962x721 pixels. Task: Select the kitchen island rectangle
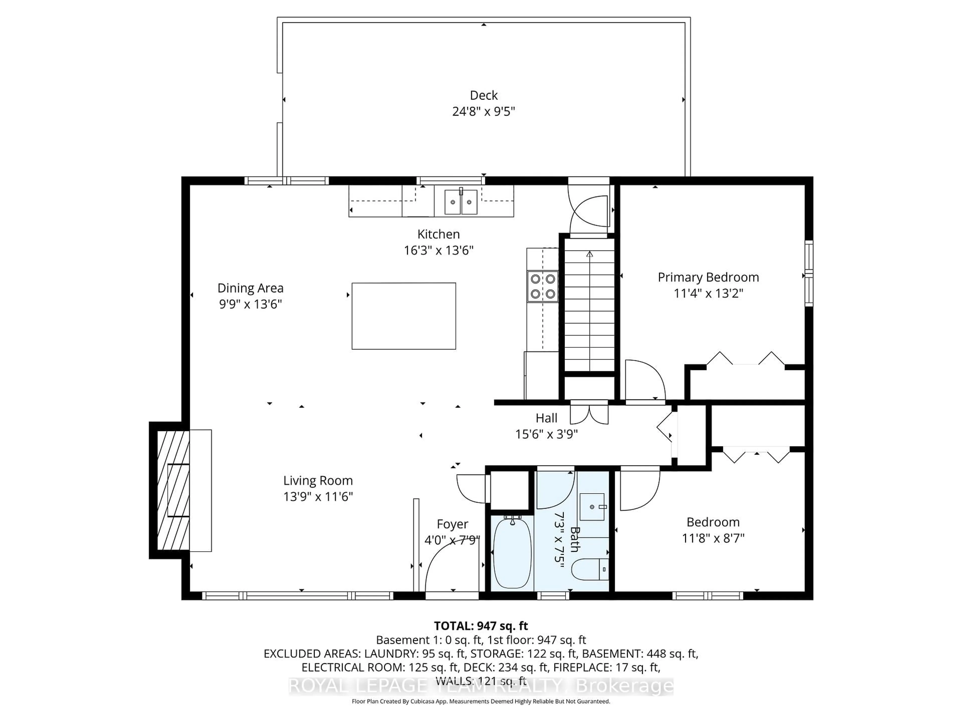[x=404, y=316]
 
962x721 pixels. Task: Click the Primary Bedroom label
[x=708, y=277]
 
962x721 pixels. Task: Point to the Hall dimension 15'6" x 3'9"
[x=546, y=434]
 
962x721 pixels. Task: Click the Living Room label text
[x=318, y=481]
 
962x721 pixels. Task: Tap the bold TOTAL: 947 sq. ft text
[x=480, y=626]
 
